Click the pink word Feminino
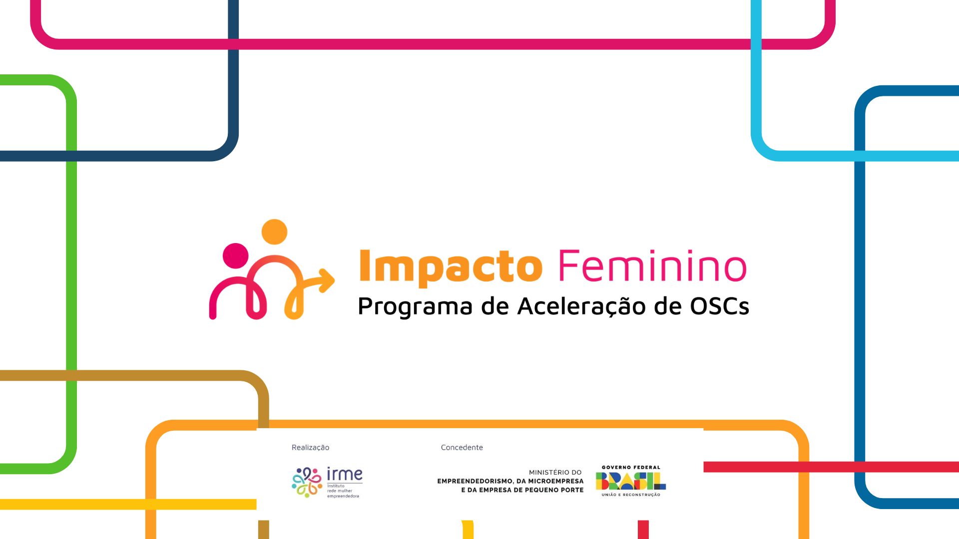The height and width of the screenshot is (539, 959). [x=652, y=265]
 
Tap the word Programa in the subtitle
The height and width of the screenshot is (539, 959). [x=415, y=306]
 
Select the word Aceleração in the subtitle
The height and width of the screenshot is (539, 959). [x=581, y=306]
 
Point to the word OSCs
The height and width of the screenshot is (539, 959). [x=719, y=306]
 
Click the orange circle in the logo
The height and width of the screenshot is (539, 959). [x=274, y=232]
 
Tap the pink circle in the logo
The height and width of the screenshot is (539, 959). [x=235, y=256]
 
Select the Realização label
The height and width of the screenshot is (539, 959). [x=310, y=447]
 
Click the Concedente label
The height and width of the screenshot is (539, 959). [x=462, y=447]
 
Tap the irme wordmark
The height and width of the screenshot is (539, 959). [x=345, y=474]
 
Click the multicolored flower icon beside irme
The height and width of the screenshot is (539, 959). [x=307, y=482]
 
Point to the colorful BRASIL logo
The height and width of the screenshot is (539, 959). [x=631, y=481]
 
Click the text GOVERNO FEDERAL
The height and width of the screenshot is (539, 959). [x=631, y=468]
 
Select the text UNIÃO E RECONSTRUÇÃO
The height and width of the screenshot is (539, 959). [x=631, y=495]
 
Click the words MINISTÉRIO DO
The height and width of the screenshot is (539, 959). [x=555, y=472]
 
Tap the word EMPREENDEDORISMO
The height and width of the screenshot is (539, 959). [x=475, y=481]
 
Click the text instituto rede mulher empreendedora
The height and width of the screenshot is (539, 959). [x=343, y=491]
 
